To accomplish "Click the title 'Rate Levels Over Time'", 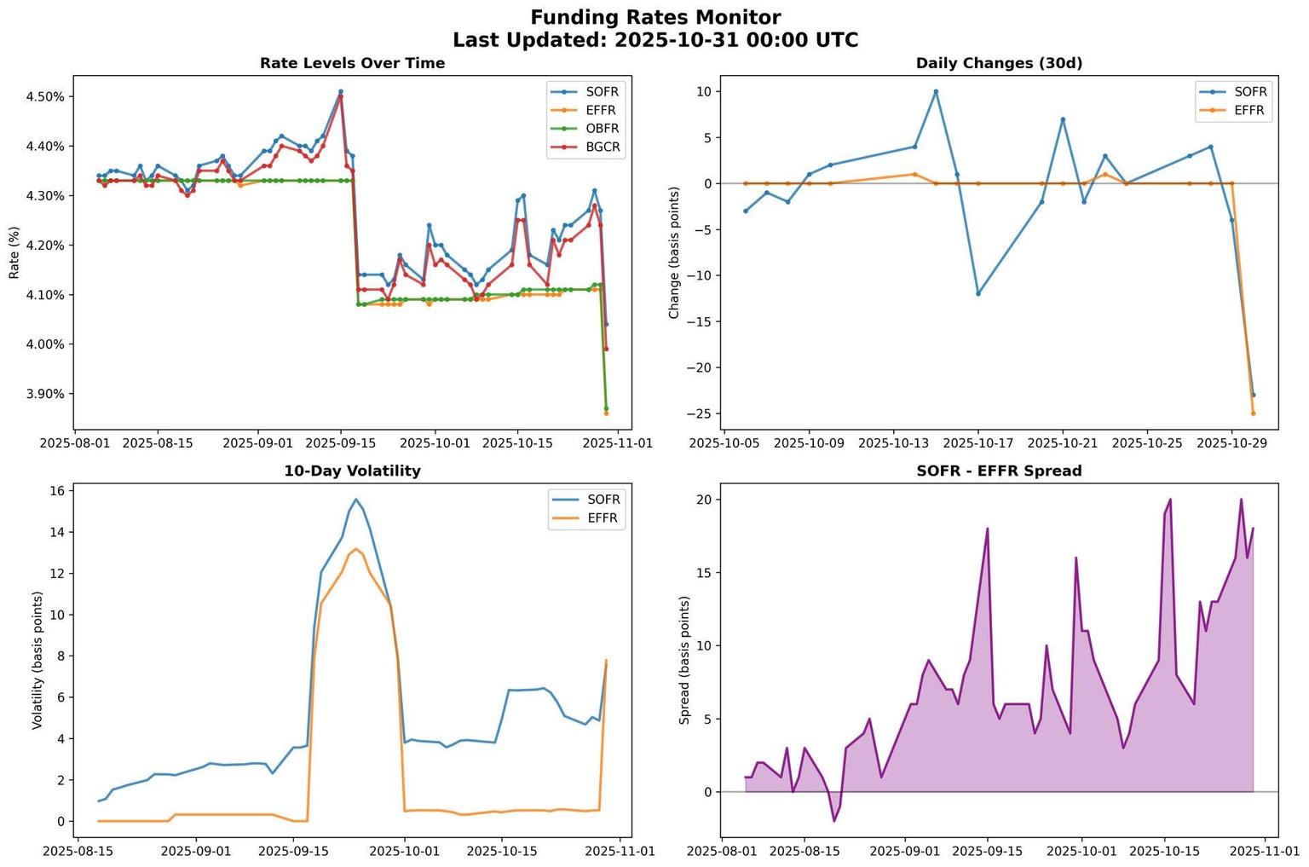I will point(352,63).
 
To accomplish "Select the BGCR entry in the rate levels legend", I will point(603,147).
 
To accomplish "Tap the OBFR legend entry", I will point(603,129).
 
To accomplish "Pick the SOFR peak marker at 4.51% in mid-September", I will point(341,91).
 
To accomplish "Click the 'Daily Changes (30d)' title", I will point(999,63).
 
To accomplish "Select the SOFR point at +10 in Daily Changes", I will point(936,91).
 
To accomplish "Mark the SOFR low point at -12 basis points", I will point(978,293).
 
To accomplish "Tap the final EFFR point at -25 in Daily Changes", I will point(1253,413).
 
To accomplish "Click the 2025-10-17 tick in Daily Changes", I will point(978,443).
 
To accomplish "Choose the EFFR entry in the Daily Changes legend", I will point(1249,110).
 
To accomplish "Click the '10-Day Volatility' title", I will point(352,471).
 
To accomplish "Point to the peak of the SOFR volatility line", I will point(355,500).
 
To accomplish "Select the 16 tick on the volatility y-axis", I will point(57,491).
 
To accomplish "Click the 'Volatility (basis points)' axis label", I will point(37,660).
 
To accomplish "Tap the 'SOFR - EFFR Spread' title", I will point(999,471).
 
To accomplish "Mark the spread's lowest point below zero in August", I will point(834,821).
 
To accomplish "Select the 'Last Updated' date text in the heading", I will point(655,40).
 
